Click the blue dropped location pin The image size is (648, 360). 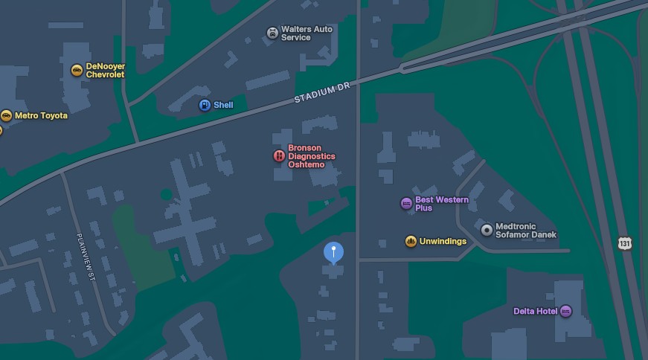tap(334, 252)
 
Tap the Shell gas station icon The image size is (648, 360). tap(205, 105)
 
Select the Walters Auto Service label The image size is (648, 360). tap(307, 33)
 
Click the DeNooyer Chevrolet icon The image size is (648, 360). tap(77, 71)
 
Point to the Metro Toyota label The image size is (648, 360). tap(41, 116)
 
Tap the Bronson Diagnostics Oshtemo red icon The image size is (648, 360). tap(279, 156)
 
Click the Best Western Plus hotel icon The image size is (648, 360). tap(406, 203)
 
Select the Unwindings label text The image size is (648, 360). tap(443, 241)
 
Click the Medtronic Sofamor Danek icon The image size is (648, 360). tap(487, 231)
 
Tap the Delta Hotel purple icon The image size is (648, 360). tap(565, 311)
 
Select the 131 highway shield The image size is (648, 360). tap(624, 243)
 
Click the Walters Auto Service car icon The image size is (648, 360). tap(272, 33)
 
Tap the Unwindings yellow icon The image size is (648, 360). tap(410, 241)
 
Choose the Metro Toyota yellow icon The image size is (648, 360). tap(7, 115)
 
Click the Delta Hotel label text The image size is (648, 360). tap(535, 311)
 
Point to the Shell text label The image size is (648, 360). tap(223, 105)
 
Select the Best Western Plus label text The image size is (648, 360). tap(441, 204)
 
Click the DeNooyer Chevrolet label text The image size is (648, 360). tap(106, 71)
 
